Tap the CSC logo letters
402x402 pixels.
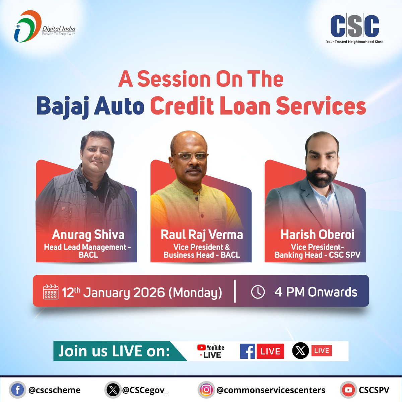[354, 26]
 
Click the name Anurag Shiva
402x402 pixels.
[88, 235]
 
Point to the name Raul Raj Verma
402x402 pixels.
[202, 234]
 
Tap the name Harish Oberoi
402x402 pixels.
[317, 234]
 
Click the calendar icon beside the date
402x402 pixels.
[51, 292]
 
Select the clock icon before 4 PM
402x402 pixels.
[258, 292]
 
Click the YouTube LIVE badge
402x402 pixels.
[211, 351]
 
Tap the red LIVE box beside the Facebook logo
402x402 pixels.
[270, 351]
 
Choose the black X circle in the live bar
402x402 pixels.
[300, 351]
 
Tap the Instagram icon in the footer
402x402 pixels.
[206, 390]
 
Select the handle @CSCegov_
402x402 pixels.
[145, 390]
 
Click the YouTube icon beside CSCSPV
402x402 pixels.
[348, 390]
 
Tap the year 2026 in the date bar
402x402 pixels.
[149, 292]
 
